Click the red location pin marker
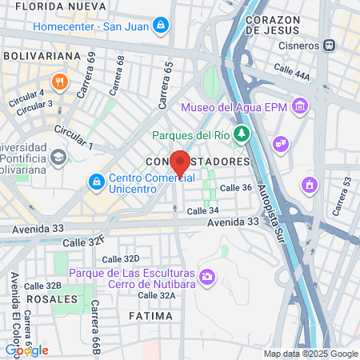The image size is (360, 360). pos(181,162)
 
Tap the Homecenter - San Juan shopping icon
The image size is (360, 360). pos(162,26)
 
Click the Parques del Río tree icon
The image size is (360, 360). pos(240,132)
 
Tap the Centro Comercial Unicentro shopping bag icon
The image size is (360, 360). pos(97,182)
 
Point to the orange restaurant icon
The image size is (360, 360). pos(58,82)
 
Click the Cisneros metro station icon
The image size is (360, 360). pos(329,45)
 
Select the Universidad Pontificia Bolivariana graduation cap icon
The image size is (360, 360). pos(58,156)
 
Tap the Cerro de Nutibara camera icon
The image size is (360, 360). pos(208,277)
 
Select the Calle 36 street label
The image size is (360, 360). pos(236,187)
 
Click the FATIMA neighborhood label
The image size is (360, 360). pos(150,316)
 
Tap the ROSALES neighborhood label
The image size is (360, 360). pos(53,298)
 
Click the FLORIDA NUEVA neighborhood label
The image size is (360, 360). pos(54,6)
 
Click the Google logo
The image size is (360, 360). pos(26,350)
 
